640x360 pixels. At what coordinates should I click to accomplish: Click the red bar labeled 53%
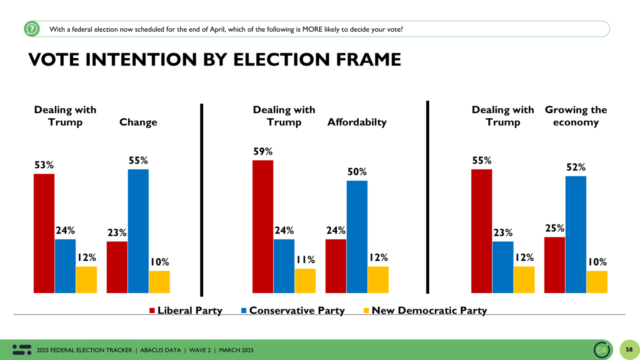point(44,233)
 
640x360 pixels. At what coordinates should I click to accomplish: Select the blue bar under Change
point(138,231)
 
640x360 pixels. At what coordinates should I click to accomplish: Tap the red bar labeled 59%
point(262,227)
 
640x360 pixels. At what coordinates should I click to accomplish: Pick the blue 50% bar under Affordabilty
point(357,237)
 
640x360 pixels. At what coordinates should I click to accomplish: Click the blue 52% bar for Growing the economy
point(575,235)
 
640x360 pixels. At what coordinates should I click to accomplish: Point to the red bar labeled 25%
point(554,265)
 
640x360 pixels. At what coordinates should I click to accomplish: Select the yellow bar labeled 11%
point(305,281)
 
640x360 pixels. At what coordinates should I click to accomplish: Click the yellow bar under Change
point(159,282)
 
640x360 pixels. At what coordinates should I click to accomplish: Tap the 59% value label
point(263,151)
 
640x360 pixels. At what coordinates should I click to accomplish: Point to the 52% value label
point(576,167)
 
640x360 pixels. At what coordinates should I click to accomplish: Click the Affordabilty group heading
point(357,122)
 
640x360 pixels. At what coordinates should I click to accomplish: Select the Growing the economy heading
point(576,116)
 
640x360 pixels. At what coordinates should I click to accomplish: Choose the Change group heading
point(138,122)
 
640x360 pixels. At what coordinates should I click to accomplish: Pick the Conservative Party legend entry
point(293,310)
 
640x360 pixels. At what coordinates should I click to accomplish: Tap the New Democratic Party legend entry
point(425,310)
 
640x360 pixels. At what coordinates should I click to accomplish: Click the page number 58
point(629,350)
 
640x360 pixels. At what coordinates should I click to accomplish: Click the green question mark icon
point(32,29)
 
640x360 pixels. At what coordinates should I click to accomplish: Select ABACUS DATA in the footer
point(160,350)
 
